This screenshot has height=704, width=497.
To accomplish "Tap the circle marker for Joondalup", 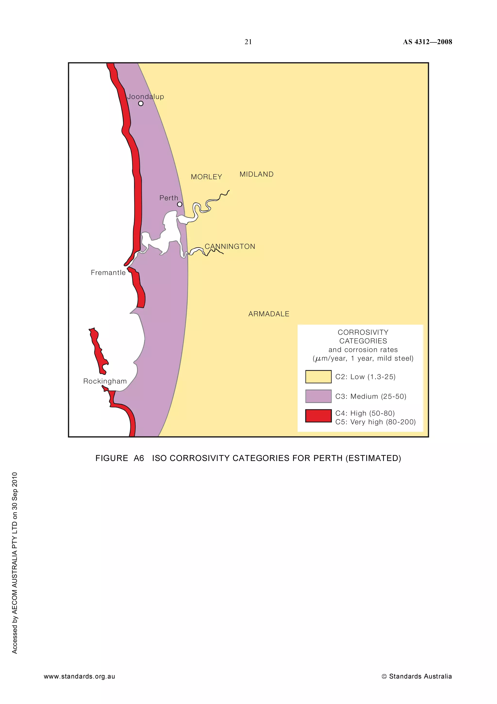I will (141, 104).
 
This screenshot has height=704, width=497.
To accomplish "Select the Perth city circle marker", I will (180, 204).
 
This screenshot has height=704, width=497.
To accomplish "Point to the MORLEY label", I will (206, 177).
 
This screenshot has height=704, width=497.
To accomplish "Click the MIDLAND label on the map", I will (256, 174).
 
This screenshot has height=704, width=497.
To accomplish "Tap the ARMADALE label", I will (269, 314).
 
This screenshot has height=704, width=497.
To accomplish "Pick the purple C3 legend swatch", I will (318, 396).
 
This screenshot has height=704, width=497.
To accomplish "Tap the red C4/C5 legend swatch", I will (318, 416).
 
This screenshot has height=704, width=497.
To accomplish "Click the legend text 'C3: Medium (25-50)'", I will (371, 396).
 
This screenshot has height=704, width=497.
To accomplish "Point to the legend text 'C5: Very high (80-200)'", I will (375, 422).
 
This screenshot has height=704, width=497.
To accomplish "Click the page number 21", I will (248, 42).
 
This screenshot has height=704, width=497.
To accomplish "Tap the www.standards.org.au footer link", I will (79, 676).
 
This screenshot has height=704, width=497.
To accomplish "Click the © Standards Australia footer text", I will (416, 676).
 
